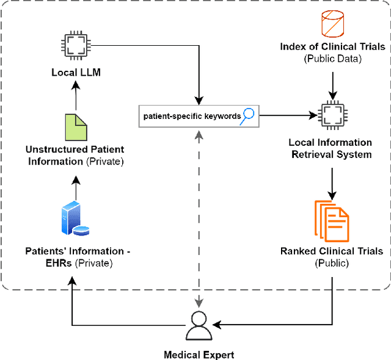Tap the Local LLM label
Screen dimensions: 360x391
point(76,73)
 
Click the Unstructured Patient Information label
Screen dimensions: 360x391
point(75,155)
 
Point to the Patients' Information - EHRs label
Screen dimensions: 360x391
point(78,257)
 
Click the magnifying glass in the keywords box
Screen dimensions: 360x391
point(247,115)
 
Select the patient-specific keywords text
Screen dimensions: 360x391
point(191,115)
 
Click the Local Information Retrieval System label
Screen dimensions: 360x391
point(330,148)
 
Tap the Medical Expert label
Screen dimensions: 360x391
point(199,355)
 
